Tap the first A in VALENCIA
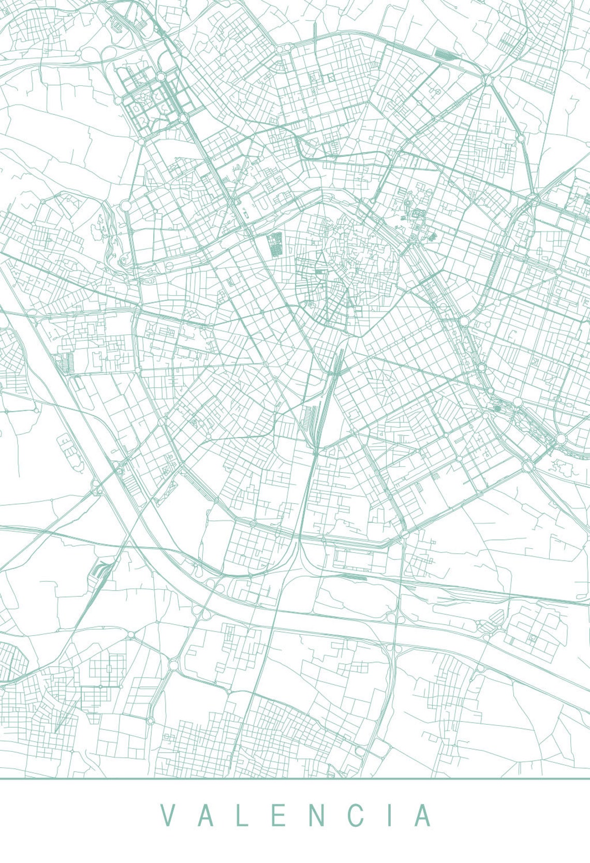pyautogui.click(x=205, y=816)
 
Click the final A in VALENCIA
pyautogui.click(x=423, y=816)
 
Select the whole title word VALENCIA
pyautogui.click(x=296, y=816)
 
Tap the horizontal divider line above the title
pyautogui.click(x=295, y=778)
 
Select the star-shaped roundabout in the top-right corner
pyautogui.click(x=487, y=80)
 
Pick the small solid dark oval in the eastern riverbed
pyautogui.click(x=497, y=408)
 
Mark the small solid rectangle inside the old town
pyautogui.click(x=319, y=271)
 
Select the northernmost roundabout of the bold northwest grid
pyautogui.click(x=161, y=77)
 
